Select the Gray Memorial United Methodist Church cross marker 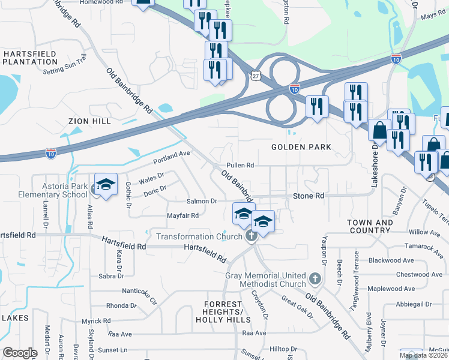click(316, 279)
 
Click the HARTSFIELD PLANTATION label click(29, 58)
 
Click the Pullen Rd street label click(240, 165)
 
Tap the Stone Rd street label click(309, 196)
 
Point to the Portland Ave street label click(171, 157)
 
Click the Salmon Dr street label click(201, 201)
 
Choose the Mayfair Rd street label click(182, 215)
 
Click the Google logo click(20, 353)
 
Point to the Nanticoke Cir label click(139, 295)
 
